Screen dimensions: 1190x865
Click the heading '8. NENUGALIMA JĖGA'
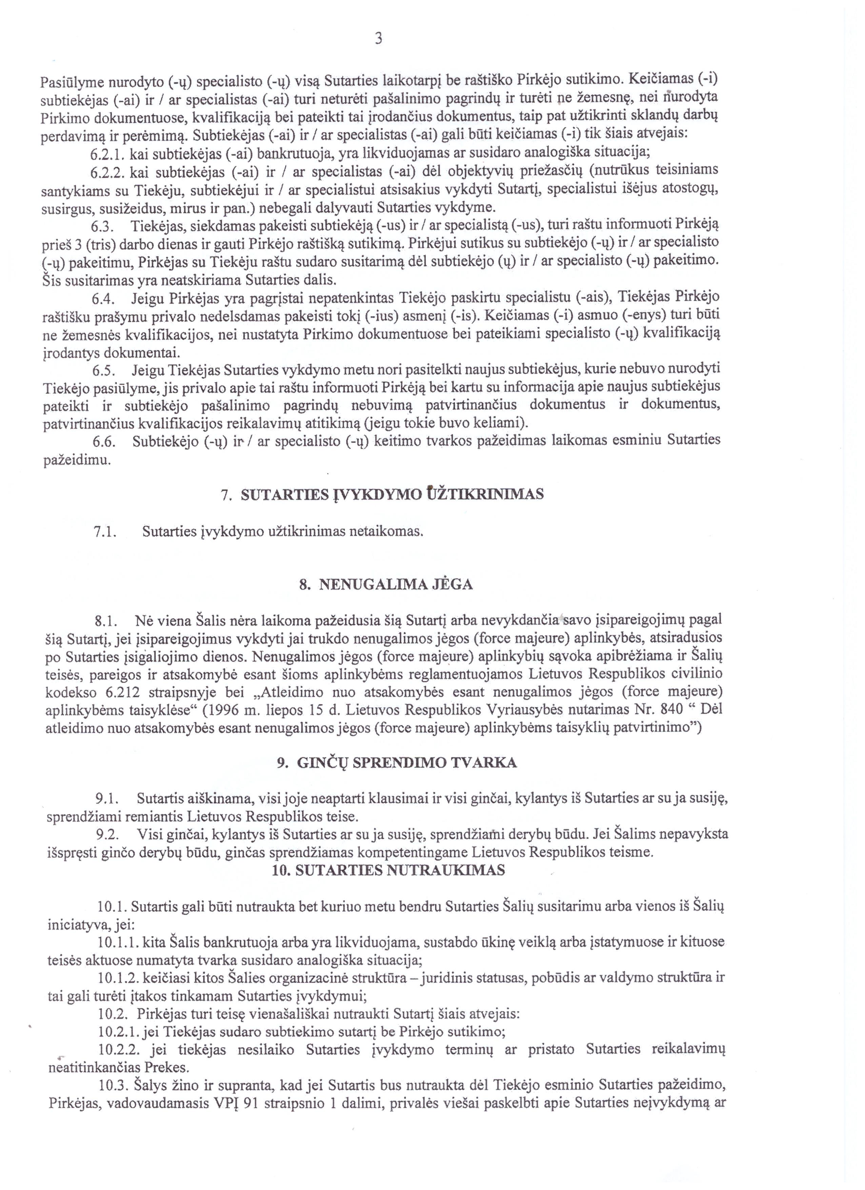385,584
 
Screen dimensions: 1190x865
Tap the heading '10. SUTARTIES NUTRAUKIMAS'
389,871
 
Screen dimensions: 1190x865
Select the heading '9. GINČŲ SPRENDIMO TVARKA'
397,762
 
